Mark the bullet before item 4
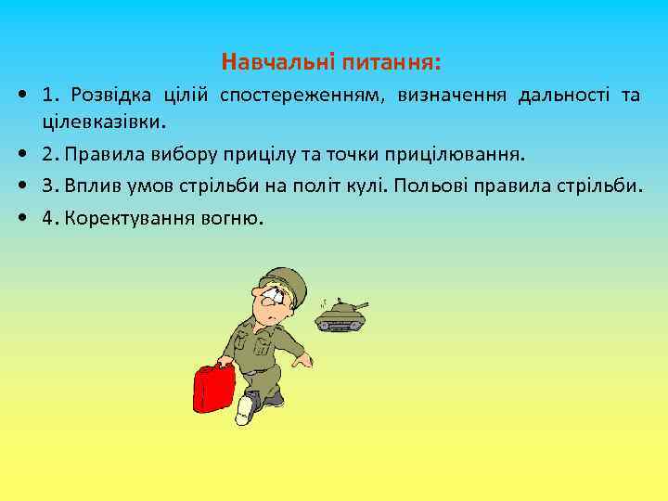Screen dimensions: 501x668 19,219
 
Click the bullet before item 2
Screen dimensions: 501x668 19,153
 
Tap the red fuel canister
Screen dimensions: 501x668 214,390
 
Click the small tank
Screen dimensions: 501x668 340,315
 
